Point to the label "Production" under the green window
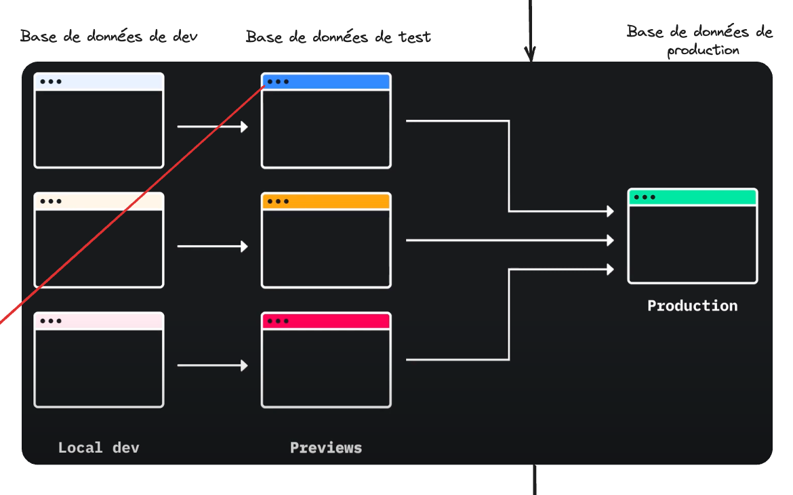pyautogui.click(x=692, y=305)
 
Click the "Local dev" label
pyautogui.click(x=98, y=448)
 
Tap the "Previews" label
pyautogui.click(x=326, y=448)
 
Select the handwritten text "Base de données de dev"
pyautogui.click(x=109, y=37)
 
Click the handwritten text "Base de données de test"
pyautogui.click(x=338, y=37)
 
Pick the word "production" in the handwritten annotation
pyautogui.click(x=703, y=50)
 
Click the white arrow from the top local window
pyautogui.click(x=212, y=127)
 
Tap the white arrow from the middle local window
pyautogui.click(x=212, y=246)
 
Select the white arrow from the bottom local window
pyautogui.click(x=212, y=366)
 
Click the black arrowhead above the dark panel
pyautogui.click(x=530, y=53)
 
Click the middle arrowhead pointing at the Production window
pyautogui.click(x=610, y=240)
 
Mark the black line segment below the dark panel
pyautogui.click(x=535, y=479)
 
